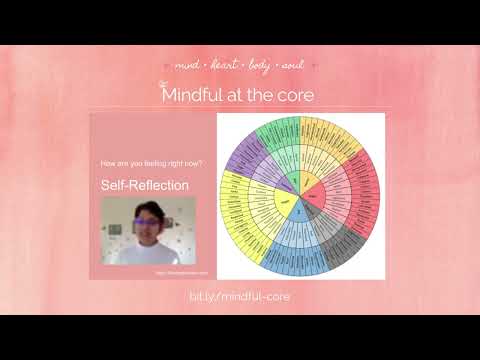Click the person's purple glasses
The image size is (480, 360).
pos(148,222)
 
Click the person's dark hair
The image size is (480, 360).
pos(147,209)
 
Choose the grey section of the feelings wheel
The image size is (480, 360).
pos(311,207)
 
